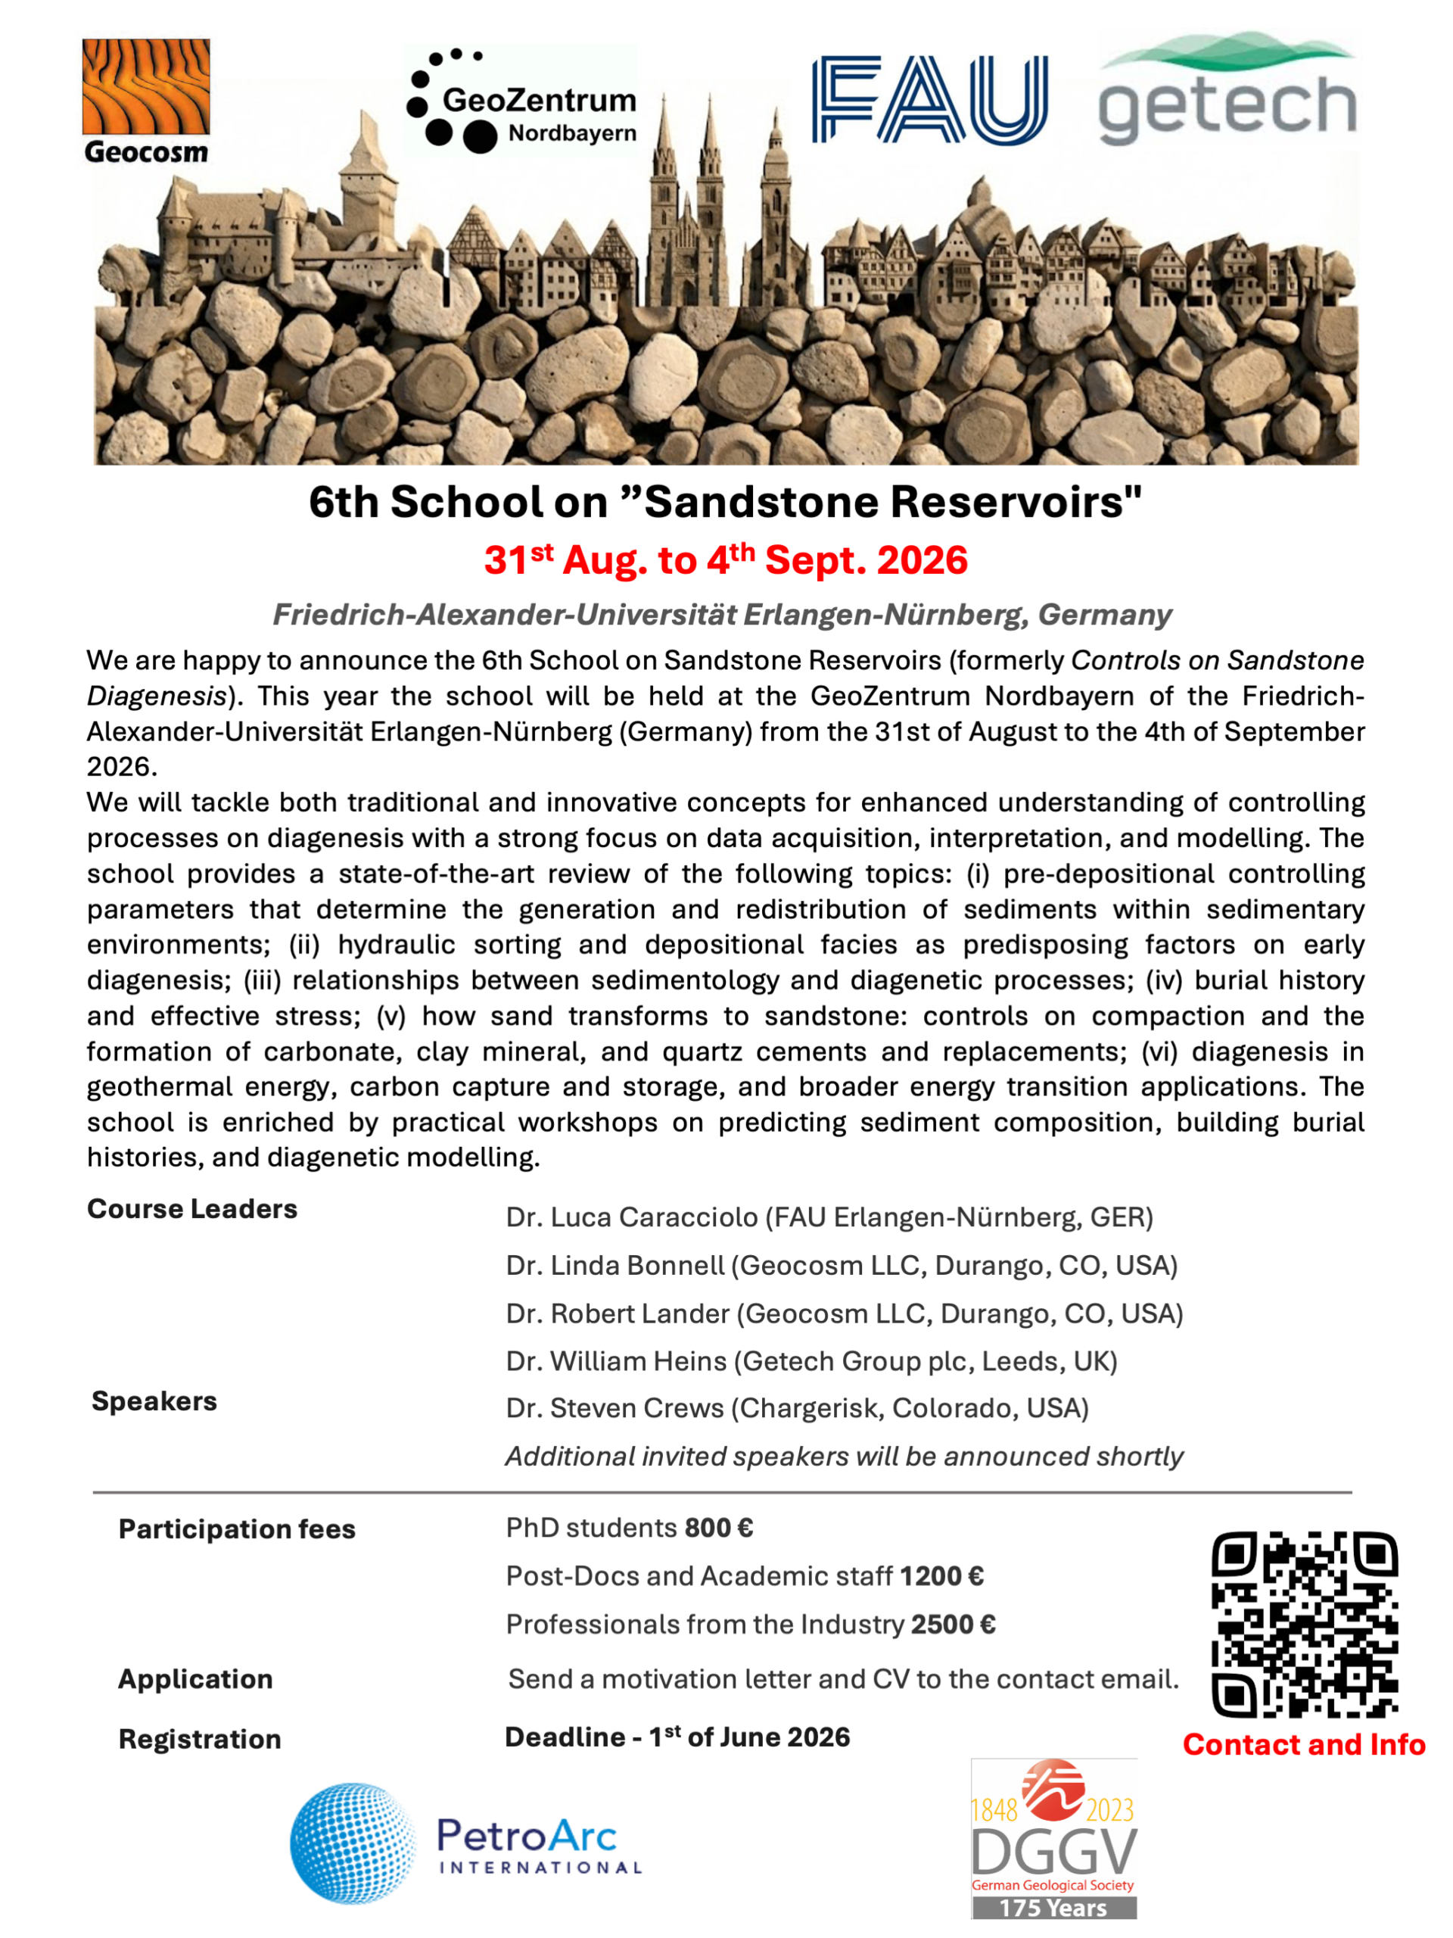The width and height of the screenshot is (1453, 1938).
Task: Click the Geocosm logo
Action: (x=146, y=101)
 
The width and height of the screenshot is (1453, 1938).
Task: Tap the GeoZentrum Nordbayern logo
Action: (x=522, y=101)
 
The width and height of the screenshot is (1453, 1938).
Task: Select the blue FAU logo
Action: (x=929, y=99)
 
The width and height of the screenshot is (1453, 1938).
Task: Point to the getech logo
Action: (x=1227, y=90)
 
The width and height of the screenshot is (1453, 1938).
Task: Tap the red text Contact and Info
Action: (x=1303, y=1744)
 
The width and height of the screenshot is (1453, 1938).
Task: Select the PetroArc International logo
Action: (x=466, y=1843)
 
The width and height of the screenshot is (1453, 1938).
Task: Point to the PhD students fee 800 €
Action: (x=718, y=1528)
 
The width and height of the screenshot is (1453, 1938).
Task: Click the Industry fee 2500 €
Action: (x=953, y=1625)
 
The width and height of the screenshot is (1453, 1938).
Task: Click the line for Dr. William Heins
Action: (x=811, y=1360)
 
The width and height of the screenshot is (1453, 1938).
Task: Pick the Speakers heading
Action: (x=154, y=1401)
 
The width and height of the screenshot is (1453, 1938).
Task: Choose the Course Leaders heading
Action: (x=191, y=1209)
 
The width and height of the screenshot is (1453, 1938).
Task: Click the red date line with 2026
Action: (x=725, y=561)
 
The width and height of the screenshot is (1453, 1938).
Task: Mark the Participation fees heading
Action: (x=236, y=1529)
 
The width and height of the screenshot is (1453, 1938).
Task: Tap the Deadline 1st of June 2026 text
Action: (x=677, y=1737)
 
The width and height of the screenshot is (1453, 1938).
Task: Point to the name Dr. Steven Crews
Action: (x=614, y=1408)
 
